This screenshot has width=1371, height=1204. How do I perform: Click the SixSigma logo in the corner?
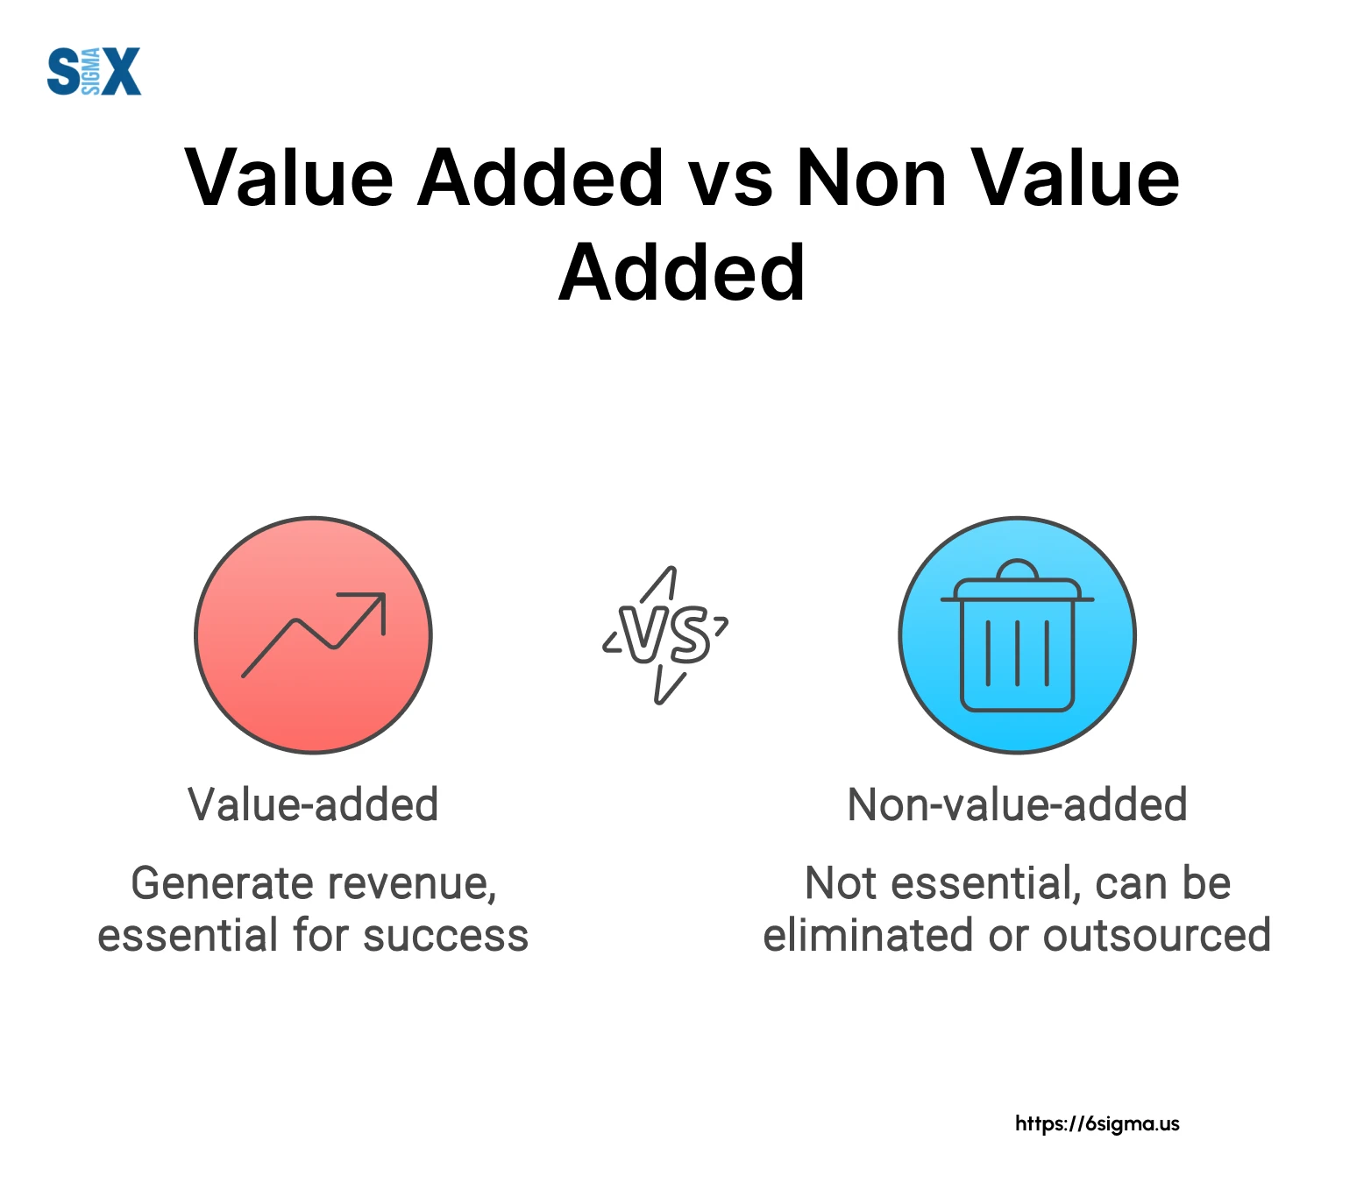(x=94, y=72)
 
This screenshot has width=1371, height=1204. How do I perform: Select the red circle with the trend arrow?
(x=313, y=635)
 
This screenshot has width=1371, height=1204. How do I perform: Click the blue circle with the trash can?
(x=1018, y=635)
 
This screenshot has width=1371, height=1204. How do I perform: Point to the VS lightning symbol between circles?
(x=666, y=634)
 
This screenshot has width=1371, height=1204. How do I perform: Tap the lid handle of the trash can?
(x=1018, y=569)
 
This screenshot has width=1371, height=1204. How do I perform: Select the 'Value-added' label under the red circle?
(x=313, y=804)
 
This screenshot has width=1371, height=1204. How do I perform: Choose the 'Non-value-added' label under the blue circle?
(x=1018, y=804)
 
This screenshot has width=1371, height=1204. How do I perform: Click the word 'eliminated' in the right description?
(x=870, y=935)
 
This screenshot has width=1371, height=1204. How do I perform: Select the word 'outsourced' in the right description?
(x=1157, y=936)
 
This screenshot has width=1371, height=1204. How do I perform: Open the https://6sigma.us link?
(x=1098, y=1123)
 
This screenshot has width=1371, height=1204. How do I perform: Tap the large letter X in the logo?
(x=121, y=72)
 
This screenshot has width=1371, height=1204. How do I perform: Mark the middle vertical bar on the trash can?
(x=1018, y=653)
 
